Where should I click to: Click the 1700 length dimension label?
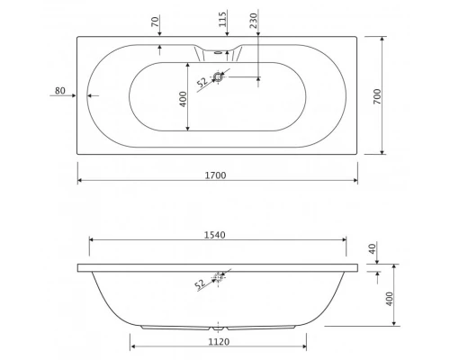tap(215, 175)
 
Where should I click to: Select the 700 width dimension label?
tap(377, 96)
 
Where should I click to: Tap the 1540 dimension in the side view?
tap(215, 235)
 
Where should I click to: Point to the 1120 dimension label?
tap(219, 341)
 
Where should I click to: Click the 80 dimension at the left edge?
tap(60, 90)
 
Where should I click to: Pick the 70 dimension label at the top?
tap(155, 22)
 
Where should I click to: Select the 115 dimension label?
tap(222, 19)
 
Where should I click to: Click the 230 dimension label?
tap(254, 21)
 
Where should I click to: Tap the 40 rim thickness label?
tap(372, 248)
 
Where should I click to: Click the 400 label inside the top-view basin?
tap(183, 99)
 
